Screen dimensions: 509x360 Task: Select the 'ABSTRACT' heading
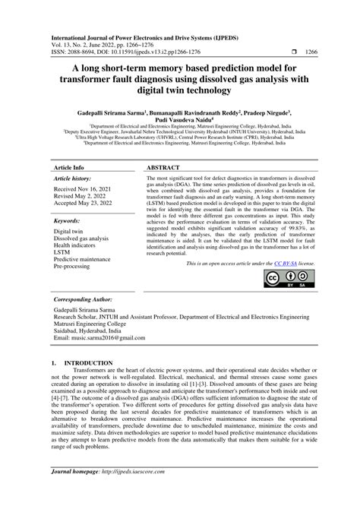point(163,167)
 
